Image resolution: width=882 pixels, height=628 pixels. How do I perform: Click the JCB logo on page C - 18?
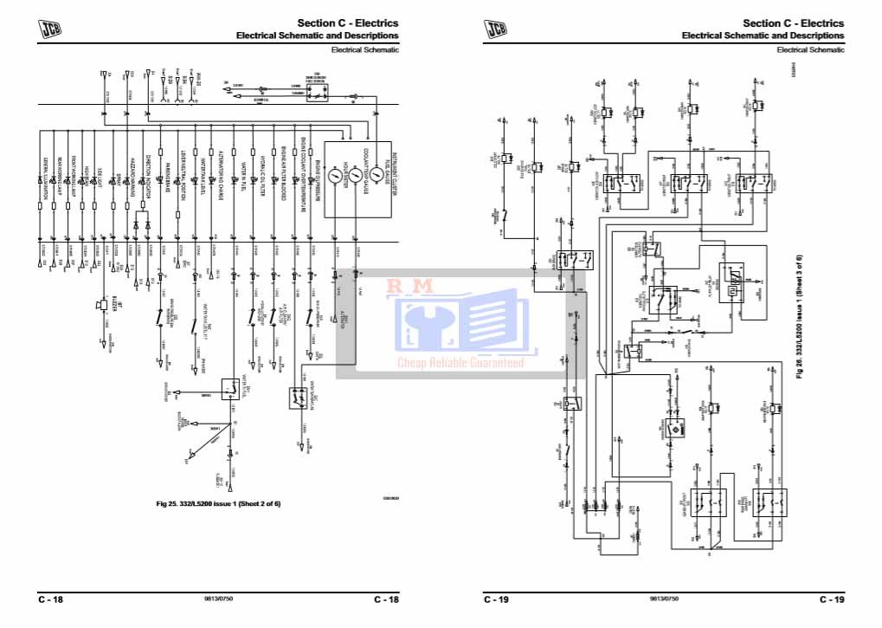(51, 29)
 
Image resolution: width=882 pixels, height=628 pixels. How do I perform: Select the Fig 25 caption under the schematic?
(218, 504)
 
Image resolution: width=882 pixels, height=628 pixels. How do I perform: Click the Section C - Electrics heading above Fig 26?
(794, 23)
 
